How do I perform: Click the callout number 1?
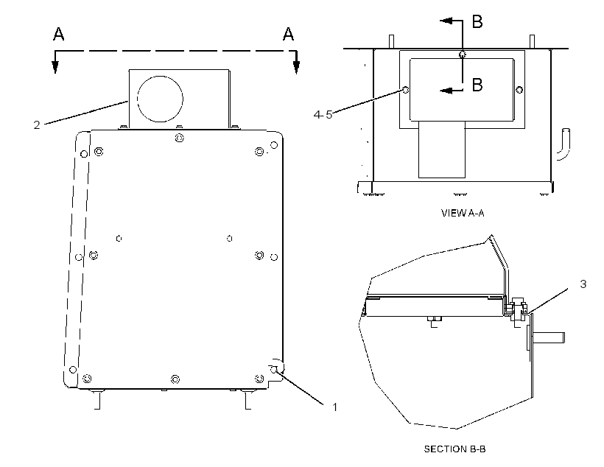334,407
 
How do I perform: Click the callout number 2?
37,124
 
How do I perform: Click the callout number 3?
583,284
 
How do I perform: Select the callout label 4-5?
323,114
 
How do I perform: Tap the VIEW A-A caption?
463,213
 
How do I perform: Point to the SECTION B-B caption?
454,449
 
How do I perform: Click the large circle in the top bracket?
161,99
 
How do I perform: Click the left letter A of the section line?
58,34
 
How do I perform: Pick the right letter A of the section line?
288,34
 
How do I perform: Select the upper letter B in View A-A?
477,21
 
